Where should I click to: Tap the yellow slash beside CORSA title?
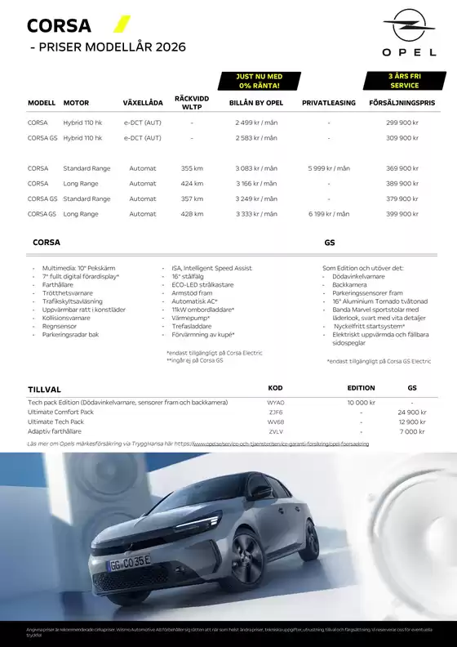tap(121, 24)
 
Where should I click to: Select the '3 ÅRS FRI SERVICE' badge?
tap(404, 80)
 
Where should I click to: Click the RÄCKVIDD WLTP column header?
tap(192, 103)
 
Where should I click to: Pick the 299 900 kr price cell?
tap(402, 123)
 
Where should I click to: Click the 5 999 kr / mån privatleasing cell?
tap(328, 168)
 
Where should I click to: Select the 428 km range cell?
tap(192, 214)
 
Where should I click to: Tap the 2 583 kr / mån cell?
tap(256, 138)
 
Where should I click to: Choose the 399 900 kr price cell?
tap(402, 214)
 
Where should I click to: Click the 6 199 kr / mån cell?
tap(328, 214)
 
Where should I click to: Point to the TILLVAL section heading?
tap(44, 390)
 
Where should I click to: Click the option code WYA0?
tap(276, 403)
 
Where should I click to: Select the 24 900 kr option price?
tap(412, 413)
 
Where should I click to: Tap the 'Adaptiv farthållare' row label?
tap(55, 431)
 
